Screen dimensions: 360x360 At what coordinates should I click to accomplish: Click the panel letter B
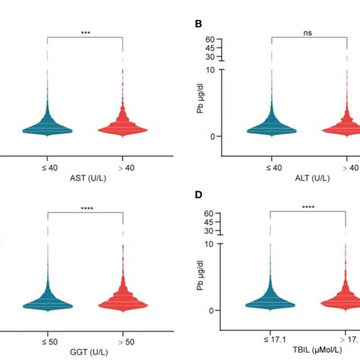[198, 24]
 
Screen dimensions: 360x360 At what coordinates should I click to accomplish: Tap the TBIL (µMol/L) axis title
[308, 352]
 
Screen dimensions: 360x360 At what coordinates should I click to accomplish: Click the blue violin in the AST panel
[47, 125]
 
